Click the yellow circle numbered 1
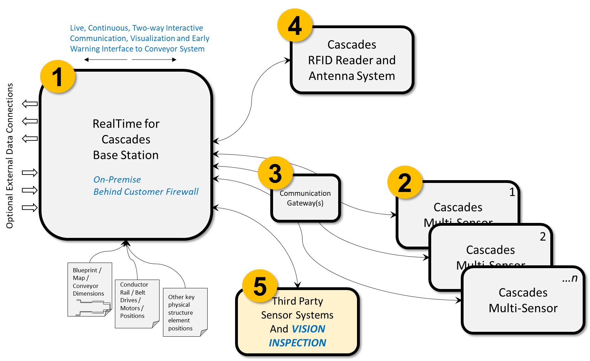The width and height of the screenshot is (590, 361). tap(57, 77)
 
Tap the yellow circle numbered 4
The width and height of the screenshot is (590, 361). tap(295, 25)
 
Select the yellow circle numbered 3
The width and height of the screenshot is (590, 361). tap(275, 173)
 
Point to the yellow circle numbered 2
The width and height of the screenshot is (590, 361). tap(405, 182)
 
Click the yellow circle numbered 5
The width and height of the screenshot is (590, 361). tap(260, 286)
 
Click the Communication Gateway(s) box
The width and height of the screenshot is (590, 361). tap(305, 198)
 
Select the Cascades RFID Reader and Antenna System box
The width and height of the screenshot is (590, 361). tap(352, 60)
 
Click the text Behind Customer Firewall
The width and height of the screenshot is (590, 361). tap(146, 192)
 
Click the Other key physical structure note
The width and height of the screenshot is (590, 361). tap(185, 312)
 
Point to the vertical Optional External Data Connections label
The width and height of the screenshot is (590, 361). tap(10, 155)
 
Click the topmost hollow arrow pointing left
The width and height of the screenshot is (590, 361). tap(30, 104)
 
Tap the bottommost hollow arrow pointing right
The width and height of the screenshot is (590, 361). tap(30, 208)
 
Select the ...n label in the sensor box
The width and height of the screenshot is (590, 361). tap(570, 279)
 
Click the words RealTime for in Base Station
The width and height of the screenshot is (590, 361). tap(126, 124)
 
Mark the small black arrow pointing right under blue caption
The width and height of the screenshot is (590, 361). tap(154, 59)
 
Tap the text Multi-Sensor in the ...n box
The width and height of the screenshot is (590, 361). tap(523, 308)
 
